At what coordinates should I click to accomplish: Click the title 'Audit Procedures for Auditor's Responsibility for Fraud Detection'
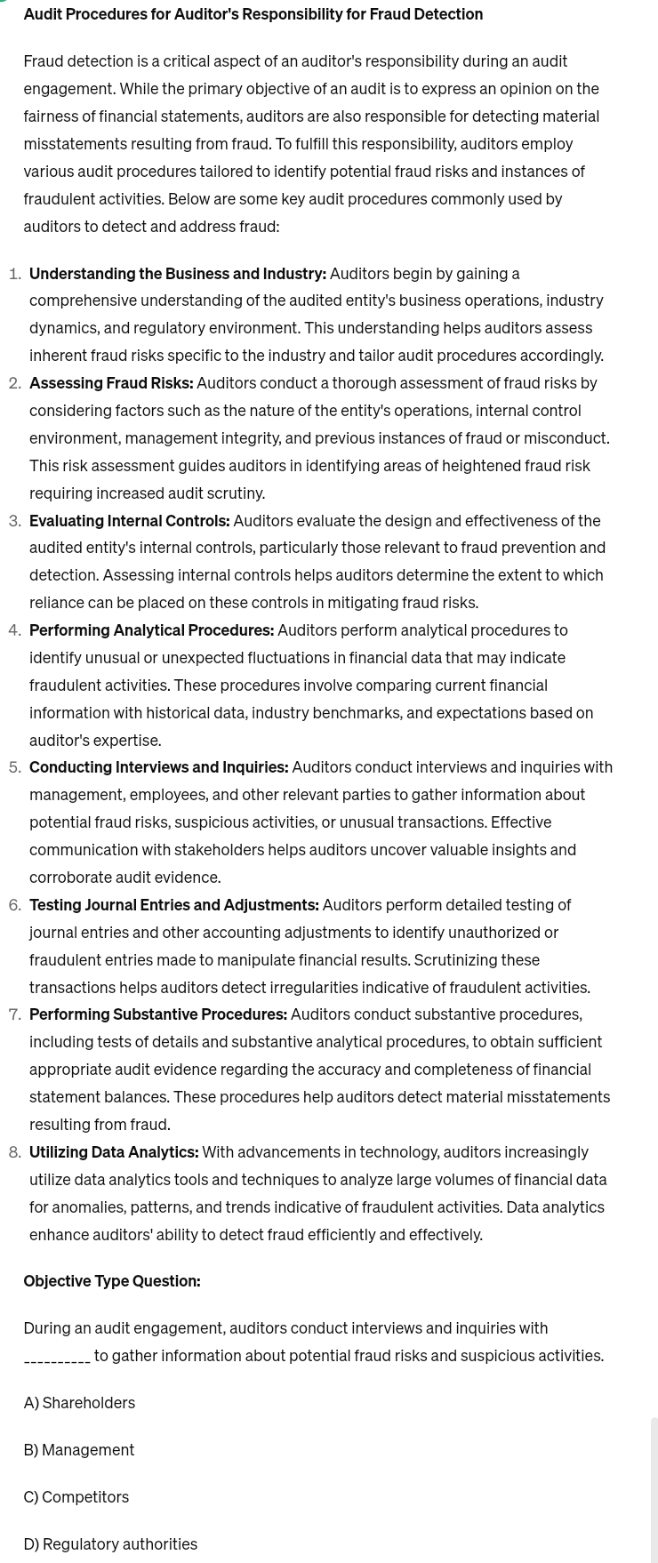coord(253,14)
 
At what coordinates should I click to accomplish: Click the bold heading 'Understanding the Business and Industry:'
coord(178,274)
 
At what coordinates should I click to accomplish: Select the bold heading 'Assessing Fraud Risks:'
coord(111,383)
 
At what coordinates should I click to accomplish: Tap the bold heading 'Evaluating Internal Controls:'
coord(129,521)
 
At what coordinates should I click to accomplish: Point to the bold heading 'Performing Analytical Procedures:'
coord(151,630)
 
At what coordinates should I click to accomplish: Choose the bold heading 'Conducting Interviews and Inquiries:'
coord(158,767)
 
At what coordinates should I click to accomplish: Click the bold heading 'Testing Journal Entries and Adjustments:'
coord(173,905)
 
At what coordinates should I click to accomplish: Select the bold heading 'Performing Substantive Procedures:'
coord(158,1014)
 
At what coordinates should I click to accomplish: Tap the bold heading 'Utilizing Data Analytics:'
coord(114,1152)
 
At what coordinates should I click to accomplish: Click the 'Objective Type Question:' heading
coord(112,1281)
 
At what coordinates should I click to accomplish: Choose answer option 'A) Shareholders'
coord(79,1403)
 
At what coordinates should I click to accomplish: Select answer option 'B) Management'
coord(79,1450)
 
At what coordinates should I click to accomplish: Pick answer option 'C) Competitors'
coord(76,1497)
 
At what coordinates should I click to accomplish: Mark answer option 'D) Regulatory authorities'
coord(110,1544)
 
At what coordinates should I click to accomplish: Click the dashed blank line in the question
coord(57,1357)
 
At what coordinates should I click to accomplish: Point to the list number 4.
coord(14,630)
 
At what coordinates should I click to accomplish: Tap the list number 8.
coord(14,1152)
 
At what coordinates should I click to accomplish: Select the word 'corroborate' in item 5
coord(70,878)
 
